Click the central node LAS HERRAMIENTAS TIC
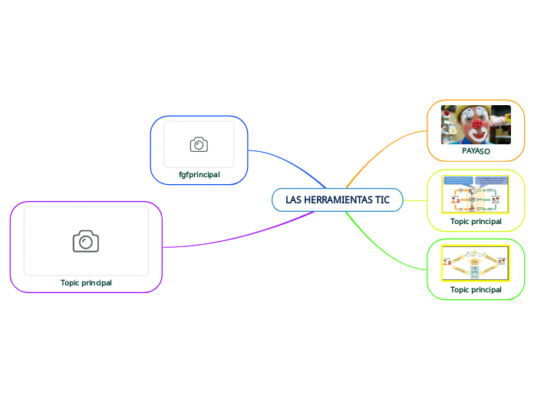[338, 200]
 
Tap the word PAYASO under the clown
[476, 152]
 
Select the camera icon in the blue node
[199, 144]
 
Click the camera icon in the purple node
[86, 241]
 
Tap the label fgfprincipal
[199, 174]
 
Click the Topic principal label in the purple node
[86, 282]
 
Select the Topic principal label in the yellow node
[476, 221]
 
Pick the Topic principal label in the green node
[476, 290]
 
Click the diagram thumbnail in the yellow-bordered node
[476, 195]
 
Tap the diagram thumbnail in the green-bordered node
[476, 264]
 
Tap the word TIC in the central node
[382, 200]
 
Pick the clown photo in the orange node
[476, 124]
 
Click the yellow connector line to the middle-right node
[414, 200]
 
